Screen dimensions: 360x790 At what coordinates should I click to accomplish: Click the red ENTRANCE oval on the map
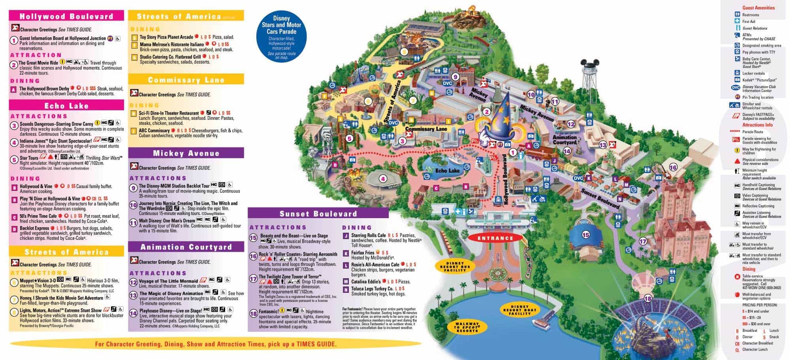tap(495, 238)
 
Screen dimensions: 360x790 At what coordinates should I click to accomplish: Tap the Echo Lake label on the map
tap(448, 170)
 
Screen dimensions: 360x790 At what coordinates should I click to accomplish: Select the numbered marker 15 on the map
tap(585, 235)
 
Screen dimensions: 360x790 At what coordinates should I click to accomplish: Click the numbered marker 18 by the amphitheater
tap(647, 298)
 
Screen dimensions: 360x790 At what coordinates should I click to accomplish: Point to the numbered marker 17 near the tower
tap(643, 241)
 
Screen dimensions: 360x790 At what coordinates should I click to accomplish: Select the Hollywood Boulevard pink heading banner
tap(66, 16)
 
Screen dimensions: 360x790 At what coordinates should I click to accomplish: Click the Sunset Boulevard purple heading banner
tap(318, 214)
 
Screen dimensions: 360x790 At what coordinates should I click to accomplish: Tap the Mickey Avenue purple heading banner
tap(186, 153)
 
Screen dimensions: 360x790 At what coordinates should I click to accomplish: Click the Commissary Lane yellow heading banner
tap(186, 80)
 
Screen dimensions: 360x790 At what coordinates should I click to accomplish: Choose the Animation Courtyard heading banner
tap(186, 247)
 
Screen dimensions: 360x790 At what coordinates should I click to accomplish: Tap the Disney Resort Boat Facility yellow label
tap(519, 310)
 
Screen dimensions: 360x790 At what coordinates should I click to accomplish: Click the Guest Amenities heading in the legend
tap(758, 8)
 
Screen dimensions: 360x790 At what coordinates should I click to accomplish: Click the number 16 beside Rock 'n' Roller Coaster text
tap(253, 256)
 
